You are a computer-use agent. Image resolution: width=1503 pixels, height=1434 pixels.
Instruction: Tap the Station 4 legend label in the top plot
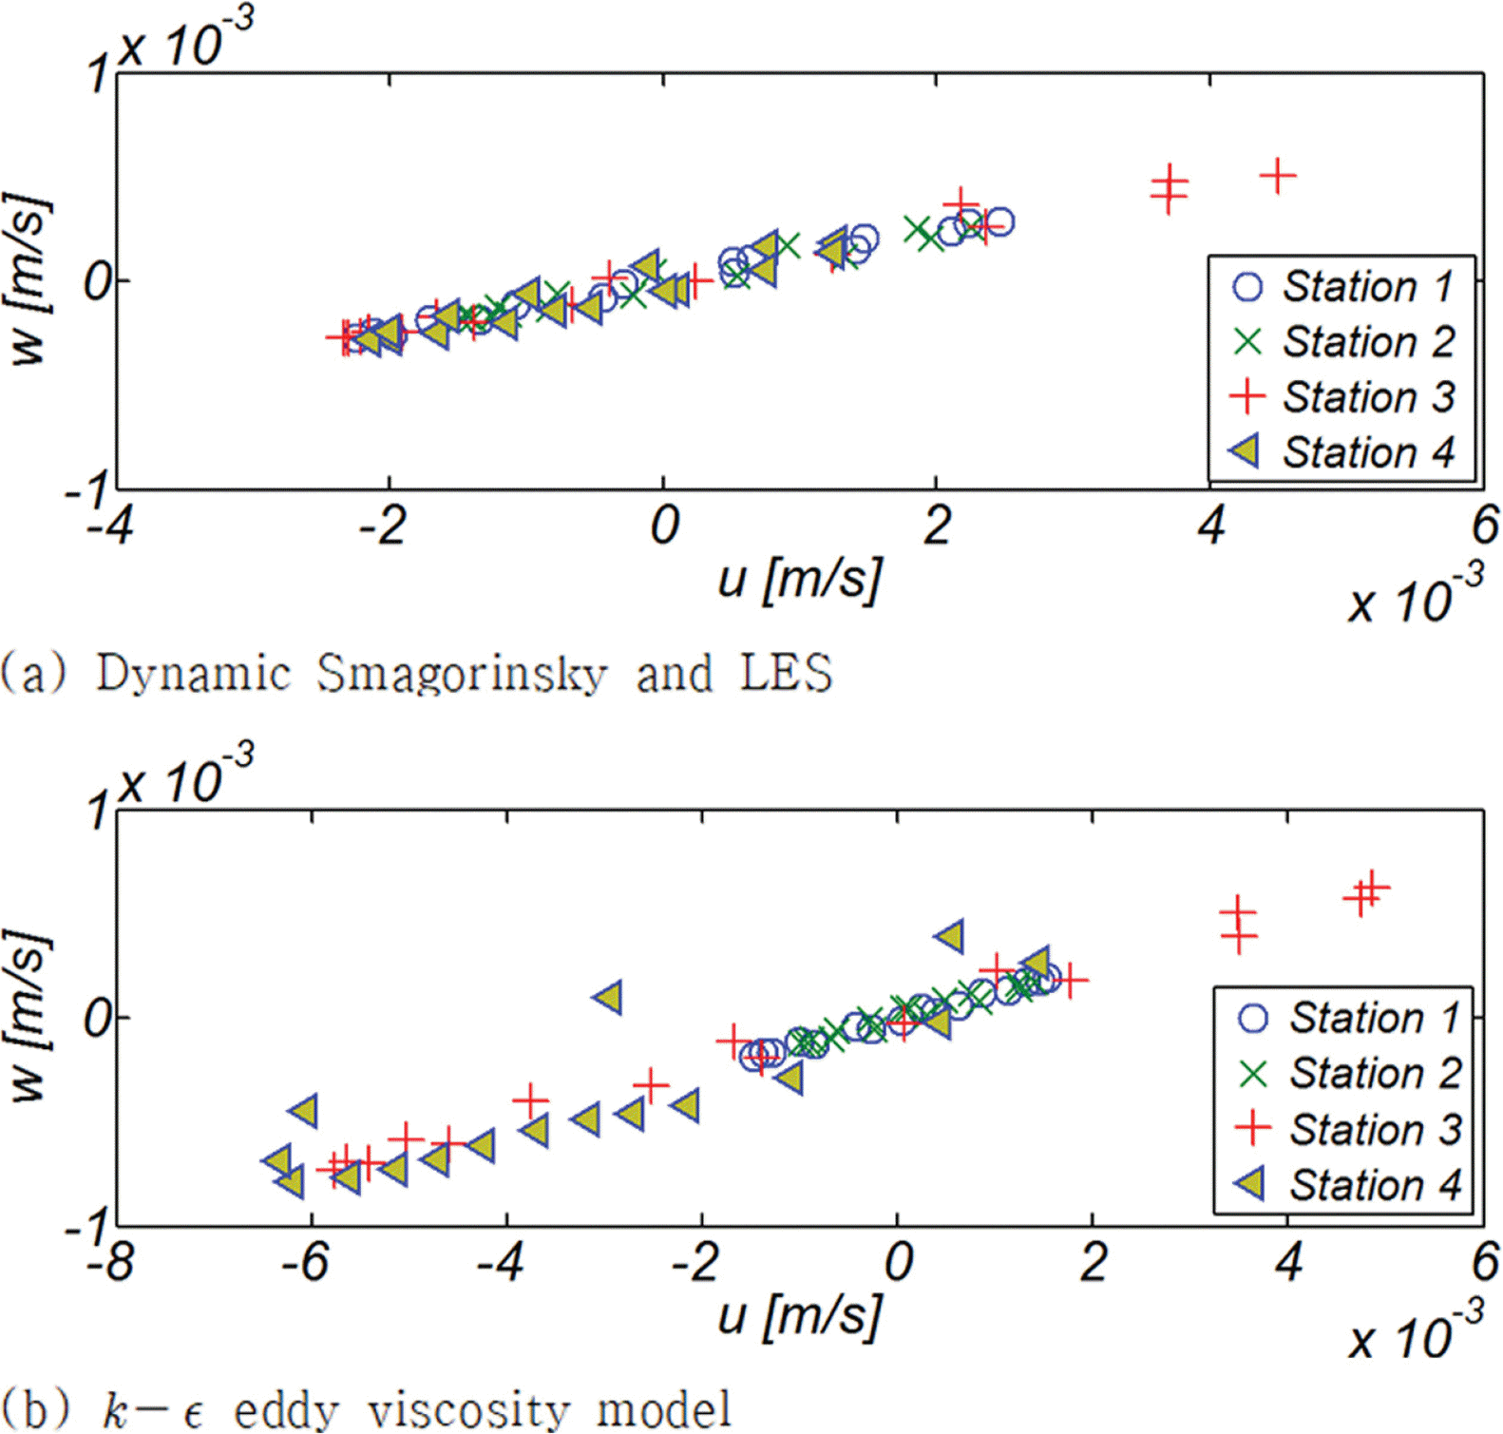(1368, 452)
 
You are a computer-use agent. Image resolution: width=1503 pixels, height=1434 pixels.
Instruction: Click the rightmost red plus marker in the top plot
(1278, 176)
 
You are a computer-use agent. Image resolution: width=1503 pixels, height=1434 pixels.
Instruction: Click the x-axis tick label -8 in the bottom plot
(111, 1262)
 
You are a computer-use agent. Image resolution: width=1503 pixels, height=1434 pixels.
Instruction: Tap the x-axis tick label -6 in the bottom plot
(306, 1262)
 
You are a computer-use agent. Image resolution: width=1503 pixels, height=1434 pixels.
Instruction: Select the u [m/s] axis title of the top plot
(800, 578)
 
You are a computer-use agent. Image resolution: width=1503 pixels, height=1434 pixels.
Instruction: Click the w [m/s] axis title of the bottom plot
(29, 1017)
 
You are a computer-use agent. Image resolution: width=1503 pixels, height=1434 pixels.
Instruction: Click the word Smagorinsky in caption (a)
(462, 673)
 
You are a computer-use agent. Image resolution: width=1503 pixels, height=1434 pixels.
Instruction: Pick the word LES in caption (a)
(786, 673)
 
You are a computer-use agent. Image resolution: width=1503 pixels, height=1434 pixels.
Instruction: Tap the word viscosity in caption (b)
(468, 1410)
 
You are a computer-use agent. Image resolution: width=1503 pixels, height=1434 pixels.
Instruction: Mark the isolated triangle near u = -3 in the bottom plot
(608, 998)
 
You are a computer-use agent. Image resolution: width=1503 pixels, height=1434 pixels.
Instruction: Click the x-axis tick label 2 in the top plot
(937, 525)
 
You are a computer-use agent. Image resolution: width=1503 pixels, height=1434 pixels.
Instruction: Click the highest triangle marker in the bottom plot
(950, 936)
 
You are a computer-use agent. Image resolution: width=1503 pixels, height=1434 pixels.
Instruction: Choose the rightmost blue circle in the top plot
(999, 222)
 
